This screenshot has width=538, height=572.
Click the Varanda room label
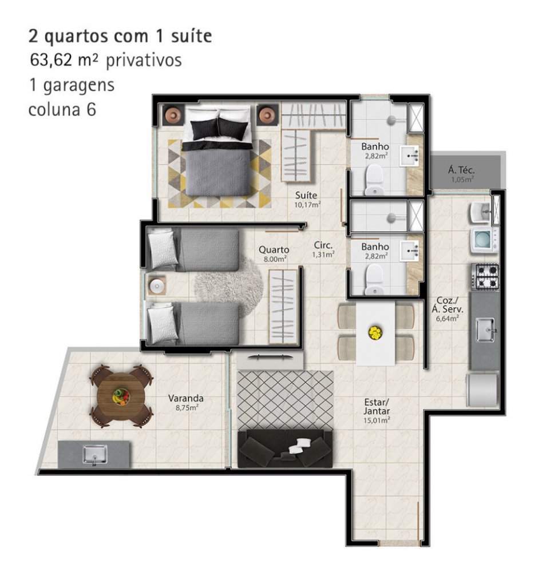(x=186, y=398)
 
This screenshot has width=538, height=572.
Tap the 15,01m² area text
(x=377, y=420)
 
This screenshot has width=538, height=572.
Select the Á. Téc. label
(x=461, y=170)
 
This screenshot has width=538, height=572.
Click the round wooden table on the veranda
(x=121, y=395)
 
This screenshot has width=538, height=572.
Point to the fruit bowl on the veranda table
(x=121, y=396)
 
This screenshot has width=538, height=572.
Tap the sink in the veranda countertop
(x=94, y=455)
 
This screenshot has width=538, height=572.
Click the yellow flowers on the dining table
(x=375, y=332)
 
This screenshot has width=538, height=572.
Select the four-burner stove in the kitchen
(x=485, y=276)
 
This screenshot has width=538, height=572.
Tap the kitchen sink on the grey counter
(x=485, y=330)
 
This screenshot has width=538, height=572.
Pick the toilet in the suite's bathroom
(x=374, y=180)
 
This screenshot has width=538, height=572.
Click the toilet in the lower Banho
(x=374, y=280)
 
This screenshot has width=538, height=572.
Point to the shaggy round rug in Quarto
(x=229, y=287)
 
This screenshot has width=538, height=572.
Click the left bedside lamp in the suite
(x=173, y=115)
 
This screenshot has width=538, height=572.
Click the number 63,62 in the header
(x=51, y=60)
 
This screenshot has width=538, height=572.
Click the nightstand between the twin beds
(x=157, y=285)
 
